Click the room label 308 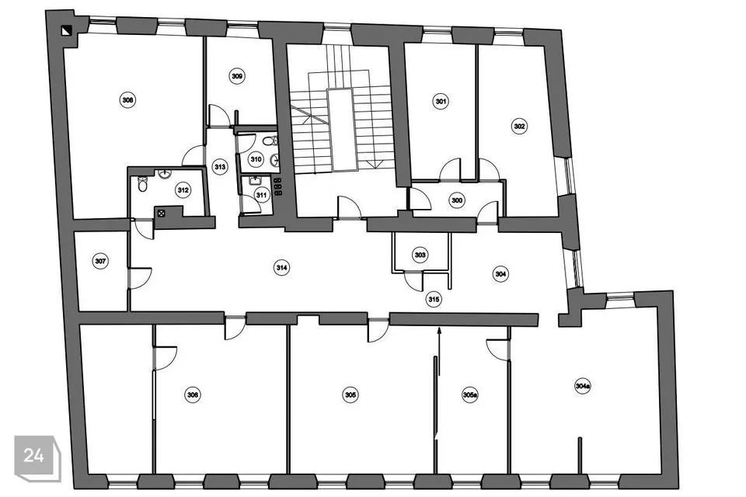click(127, 100)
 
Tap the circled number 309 click(237, 76)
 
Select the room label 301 click(441, 101)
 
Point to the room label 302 click(520, 126)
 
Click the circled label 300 click(457, 200)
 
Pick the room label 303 click(420, 255)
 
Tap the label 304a click(583, 386)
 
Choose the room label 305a click(470, 394)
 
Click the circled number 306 click(193, 394)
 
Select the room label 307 click(100, 261)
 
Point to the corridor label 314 click(282, 268)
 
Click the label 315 click(434, 299)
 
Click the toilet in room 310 click(270, 141)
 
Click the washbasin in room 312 click(166, 173)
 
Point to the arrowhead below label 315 click(438, 330)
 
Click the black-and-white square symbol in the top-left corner click(66, 31)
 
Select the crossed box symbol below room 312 click(162, 213)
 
